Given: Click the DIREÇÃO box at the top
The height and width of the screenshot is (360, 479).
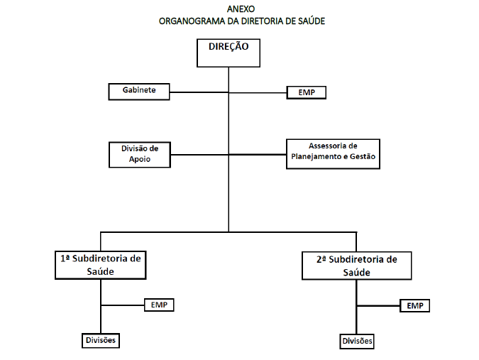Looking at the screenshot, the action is click(x=229, y=53).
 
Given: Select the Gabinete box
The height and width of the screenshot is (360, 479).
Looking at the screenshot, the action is click(x=139, y=92).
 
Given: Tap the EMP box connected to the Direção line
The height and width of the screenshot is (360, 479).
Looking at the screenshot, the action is click(x=307, y=92).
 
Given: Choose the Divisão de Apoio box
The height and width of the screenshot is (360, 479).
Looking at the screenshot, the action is click(x=140, y=155).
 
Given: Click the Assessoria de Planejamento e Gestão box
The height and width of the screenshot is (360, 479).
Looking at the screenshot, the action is click(x=333, y=154).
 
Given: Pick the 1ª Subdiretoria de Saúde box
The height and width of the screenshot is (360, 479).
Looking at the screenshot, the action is click(x=101, y=266).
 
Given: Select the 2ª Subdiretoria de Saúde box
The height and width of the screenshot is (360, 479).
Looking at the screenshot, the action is click(x=356, y=266).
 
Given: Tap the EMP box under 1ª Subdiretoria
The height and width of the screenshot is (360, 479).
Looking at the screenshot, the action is click(x=159, y=305).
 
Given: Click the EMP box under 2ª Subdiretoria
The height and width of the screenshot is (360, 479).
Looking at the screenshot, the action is click(x=415, y=305).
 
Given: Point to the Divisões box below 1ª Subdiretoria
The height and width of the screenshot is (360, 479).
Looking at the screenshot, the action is click(x=101, y=340).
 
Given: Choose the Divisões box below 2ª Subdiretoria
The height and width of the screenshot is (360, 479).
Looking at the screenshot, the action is click(x=357, y=342).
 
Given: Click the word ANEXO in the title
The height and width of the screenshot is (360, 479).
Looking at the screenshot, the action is click(x=241, y=9).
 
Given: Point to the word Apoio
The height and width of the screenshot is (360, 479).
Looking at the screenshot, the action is click(x=140, y=159).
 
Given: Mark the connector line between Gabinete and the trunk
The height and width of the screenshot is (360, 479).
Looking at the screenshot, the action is click(x=199, y=92).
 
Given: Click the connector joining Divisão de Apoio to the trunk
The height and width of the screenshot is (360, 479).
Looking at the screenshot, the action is click(x=199, y=155).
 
